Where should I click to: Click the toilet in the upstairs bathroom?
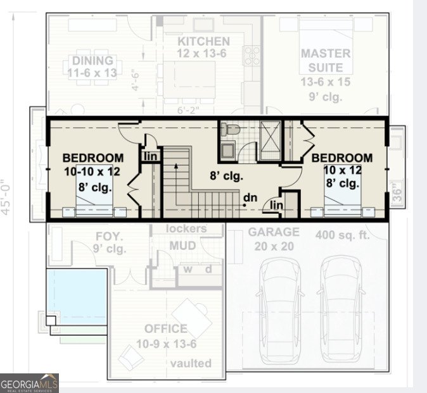(x=231, y=130)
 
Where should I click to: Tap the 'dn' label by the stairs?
(x=251, y=197)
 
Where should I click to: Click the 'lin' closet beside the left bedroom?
(x=150, y=156)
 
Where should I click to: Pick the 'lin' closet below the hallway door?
(x=277, y=205)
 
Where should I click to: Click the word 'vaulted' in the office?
(x=191, y=363)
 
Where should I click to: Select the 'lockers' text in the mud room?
(x=186, y=228)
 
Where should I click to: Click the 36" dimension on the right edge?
(x=397, y=191)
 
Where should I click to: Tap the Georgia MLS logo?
(x=30, y=383)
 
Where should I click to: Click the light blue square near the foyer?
(x=76, y=296)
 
